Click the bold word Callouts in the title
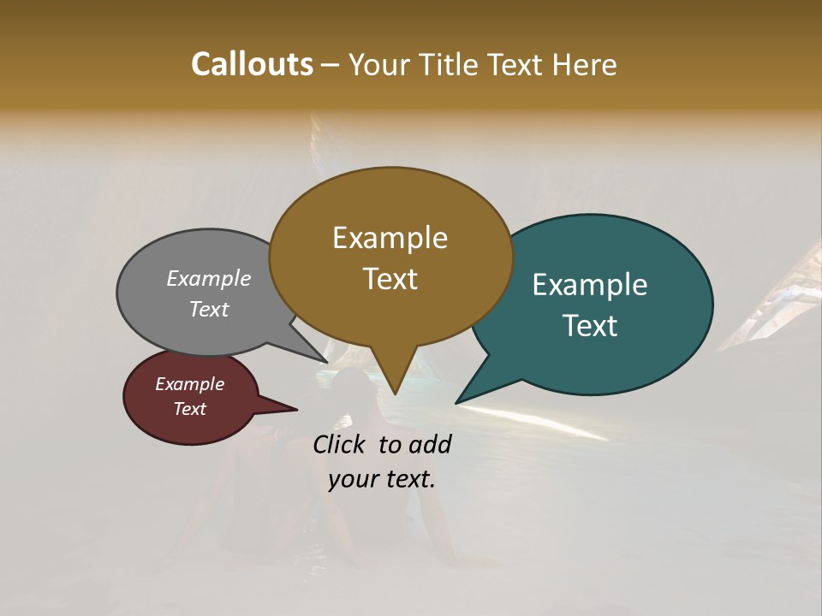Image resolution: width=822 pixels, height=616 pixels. point(252,64)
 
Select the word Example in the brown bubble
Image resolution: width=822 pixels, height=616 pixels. point(390,238)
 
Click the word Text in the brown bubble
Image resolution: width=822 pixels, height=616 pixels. point(390,279)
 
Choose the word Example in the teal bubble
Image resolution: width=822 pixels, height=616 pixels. point(589,285)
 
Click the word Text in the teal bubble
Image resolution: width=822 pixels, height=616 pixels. point(591,326)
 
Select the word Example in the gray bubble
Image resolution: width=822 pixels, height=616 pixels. point(209,278)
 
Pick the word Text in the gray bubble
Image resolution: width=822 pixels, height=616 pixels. point(209,309)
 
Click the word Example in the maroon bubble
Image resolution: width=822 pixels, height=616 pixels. point(189,384)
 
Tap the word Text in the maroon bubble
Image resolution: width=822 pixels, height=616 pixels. point(189,409)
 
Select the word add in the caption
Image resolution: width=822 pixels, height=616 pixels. point(431,444)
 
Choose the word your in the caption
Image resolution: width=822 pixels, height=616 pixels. point(352,479)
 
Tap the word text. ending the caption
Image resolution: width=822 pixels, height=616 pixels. point(407,479)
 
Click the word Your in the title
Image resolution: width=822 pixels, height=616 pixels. point(376,64)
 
